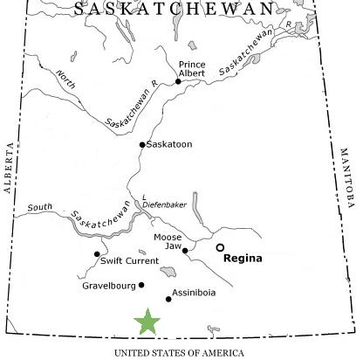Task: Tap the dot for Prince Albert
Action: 178,81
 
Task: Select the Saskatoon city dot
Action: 142,145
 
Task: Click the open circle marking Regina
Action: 221,247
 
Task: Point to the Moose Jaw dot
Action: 185,251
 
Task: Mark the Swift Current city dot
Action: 97,254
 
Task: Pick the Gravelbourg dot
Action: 141,285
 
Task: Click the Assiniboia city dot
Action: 168,299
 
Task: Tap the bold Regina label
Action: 243,259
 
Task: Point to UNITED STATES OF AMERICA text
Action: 181,351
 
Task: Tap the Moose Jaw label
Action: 168,240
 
